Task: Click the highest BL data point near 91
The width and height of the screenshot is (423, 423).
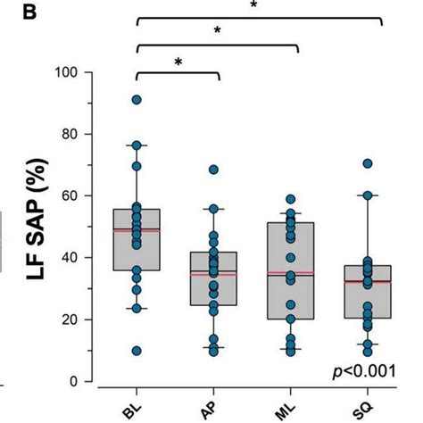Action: coord(137,100)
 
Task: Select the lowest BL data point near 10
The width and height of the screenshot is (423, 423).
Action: coord(137,351)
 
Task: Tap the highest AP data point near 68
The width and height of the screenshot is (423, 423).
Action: coord(214,170)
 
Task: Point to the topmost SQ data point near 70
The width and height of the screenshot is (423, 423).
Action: coord(367,163)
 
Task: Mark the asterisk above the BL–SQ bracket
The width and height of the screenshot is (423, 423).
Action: coord(254,4)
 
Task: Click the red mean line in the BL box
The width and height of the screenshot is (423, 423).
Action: coord(137,230)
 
